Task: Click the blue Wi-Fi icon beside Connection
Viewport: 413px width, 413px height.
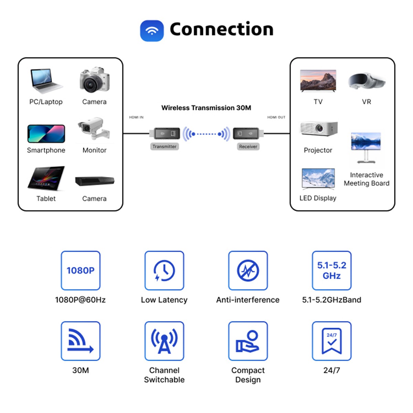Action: coord(152,31)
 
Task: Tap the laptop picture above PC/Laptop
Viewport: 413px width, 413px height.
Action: coord(46,81)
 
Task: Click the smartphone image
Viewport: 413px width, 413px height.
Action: coord(46,134)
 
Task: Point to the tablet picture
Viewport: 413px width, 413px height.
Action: coord(46,178)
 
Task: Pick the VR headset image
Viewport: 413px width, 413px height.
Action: coord(366,81)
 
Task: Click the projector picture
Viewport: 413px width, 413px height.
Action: coord(318,129)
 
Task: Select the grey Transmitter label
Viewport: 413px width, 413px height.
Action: coord(165,147)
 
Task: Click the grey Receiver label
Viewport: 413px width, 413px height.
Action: coord(248,147)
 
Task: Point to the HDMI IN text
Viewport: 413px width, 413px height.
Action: coord(136,117)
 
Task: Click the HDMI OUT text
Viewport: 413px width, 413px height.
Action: coord(276,117)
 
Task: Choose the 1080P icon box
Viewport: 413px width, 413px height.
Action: coord(81,271)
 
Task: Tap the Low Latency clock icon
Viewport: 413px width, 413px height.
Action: coord(164,271)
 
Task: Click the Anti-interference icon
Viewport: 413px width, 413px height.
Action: coord(248,271)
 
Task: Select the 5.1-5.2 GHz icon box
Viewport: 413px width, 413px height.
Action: coord(331,271)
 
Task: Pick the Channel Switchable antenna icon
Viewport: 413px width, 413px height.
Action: coord(164,341)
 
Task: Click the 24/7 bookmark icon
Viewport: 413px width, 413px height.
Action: coord(331,341)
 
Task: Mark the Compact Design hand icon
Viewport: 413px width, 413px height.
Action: coord(248,341)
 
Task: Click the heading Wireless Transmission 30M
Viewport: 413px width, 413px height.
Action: coord(206,108)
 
